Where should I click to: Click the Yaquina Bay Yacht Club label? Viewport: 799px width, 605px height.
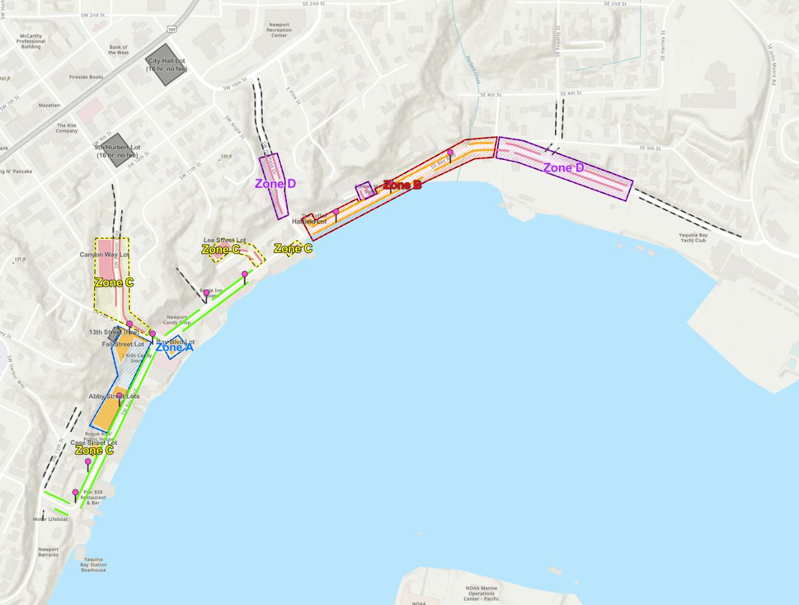tap(693, 238)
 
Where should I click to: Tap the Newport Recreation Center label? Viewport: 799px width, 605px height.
tap(279, 30)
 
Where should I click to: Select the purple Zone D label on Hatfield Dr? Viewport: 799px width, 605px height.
tap(275, 184)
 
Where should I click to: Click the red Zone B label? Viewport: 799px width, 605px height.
tap(402, 185)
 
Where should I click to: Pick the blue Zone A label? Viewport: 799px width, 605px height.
tap(175, 347)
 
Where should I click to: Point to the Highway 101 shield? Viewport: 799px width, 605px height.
tap(172, 30)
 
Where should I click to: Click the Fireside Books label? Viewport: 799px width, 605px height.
tap(86, 77)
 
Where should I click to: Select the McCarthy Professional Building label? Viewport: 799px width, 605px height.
tap(31, 41)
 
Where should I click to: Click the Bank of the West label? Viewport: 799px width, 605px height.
tap(118, 50)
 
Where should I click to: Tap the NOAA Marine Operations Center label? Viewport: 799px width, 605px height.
tap(481, 594)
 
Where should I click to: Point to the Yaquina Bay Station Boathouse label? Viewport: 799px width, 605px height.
tap(94, 565)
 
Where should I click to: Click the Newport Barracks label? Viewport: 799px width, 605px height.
tap(49, 552)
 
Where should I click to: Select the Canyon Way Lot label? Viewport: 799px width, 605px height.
tap(104, 255)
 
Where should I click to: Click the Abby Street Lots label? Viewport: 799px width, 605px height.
tap(114, 397)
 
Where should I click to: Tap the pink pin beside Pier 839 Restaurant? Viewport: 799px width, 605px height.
tap(75, 493)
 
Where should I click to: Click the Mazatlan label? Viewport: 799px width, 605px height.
tap(49, 106)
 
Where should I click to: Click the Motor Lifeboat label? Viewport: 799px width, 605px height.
tap(50, 519)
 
